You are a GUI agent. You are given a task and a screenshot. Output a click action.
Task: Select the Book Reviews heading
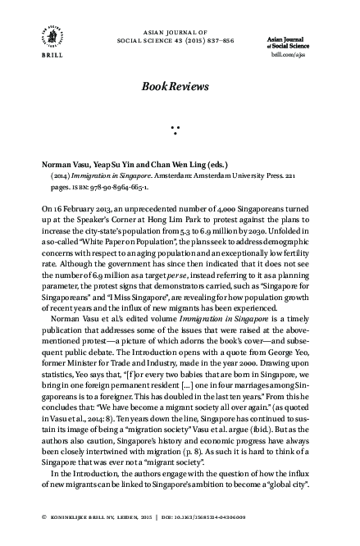click(x=180, y=86)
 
